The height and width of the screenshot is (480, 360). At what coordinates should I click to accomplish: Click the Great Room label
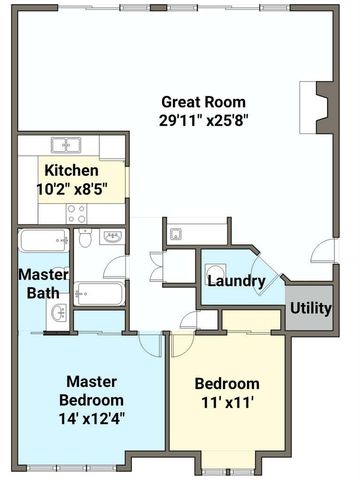tap(202, 102)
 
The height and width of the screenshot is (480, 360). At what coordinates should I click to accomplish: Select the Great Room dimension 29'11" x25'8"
tap(202, 121)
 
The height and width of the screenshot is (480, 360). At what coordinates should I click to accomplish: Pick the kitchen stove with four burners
tap(76, 213)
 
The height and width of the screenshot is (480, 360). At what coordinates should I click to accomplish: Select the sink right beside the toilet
tap(111, 238)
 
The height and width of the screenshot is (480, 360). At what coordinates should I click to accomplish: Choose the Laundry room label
tap(235, 281)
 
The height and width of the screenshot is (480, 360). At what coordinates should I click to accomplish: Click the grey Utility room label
tap(310, 308)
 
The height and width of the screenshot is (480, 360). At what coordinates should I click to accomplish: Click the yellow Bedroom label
tap(226, 384)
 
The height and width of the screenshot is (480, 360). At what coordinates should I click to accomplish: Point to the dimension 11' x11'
tap(226, 405)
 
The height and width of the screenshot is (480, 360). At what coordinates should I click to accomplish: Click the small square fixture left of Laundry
tap(175, 235)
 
